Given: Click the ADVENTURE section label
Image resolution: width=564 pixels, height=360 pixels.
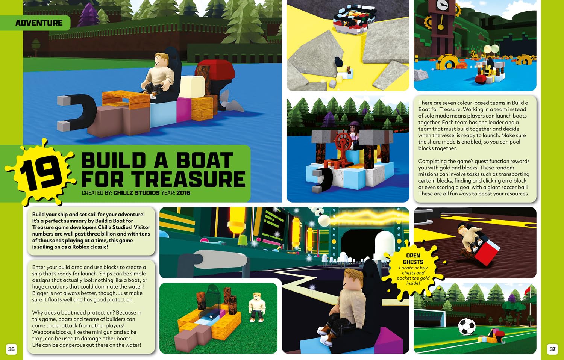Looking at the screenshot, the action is pos(39,23).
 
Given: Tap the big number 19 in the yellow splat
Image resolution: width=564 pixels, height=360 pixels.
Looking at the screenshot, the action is pos(40,174).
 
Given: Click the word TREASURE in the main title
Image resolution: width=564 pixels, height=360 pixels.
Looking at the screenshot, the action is pos(188,179).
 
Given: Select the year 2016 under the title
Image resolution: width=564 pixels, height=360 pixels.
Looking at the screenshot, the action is pos(183,193).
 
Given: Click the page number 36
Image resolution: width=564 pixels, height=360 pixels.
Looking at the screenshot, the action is pos(11,349).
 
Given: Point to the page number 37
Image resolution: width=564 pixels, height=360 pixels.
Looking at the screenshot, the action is pos(552,349).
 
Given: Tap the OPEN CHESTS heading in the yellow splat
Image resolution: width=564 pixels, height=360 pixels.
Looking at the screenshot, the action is pos(413,259).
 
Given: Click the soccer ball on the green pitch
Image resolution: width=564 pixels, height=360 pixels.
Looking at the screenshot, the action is pos(467,327).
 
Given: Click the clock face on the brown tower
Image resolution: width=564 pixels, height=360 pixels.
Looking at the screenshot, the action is pos(442,5).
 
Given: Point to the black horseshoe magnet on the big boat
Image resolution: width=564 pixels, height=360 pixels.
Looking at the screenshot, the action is pos(77,112).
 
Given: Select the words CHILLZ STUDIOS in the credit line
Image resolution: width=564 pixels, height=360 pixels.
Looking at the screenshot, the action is pos(136,193).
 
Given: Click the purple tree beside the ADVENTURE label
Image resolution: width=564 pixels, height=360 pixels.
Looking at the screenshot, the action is pos(88,15).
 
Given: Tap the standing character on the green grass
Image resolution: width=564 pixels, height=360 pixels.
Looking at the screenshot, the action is pos(256,307).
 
